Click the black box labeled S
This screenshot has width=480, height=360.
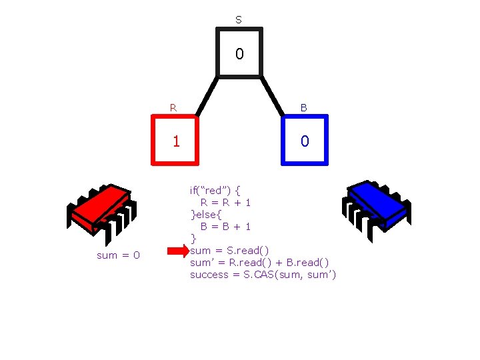pos(239,53)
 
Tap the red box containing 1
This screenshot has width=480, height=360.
pos(176,140)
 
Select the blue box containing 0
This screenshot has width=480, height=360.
pos(305,140)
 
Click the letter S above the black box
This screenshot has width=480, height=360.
pos(239,21)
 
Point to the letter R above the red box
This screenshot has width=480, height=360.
pos(173,107)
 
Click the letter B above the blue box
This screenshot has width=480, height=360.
pos(304,107)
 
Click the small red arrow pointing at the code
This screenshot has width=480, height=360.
pos(177,251)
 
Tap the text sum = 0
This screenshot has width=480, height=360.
pos(118,255)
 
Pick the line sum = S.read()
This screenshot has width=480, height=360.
pos(230,251)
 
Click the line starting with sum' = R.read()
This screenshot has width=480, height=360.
pos(259,263)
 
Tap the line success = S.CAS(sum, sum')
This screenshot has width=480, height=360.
pos(263,275)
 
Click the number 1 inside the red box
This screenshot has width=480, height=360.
pos(176,141)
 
